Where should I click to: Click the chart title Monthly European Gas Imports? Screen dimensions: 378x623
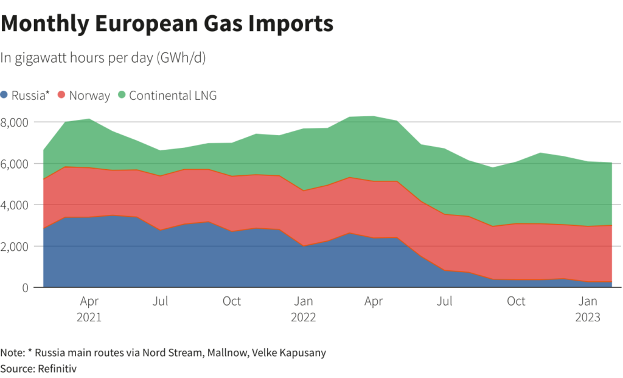[x=167, y=24]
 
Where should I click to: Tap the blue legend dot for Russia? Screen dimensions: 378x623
[x=5, y=96]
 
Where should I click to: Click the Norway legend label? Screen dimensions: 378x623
[x=89, y=96]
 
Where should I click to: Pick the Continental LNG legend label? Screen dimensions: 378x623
[x=173, y=96]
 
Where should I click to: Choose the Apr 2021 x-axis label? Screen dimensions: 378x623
[x=89, y=309]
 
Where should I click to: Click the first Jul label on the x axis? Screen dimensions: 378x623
[x=160, y=301]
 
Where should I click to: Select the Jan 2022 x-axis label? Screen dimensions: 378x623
[x=303, y=309]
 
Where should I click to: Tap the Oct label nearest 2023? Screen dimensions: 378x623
[x=517, y=301]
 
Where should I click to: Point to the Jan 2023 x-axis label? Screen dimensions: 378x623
[x=588, y=309]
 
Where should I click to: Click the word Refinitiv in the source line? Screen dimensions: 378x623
[x=57, y=368]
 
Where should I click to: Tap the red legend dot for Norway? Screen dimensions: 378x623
[x=61, y=96]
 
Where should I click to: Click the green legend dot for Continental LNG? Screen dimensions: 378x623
[x=122, y=96]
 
